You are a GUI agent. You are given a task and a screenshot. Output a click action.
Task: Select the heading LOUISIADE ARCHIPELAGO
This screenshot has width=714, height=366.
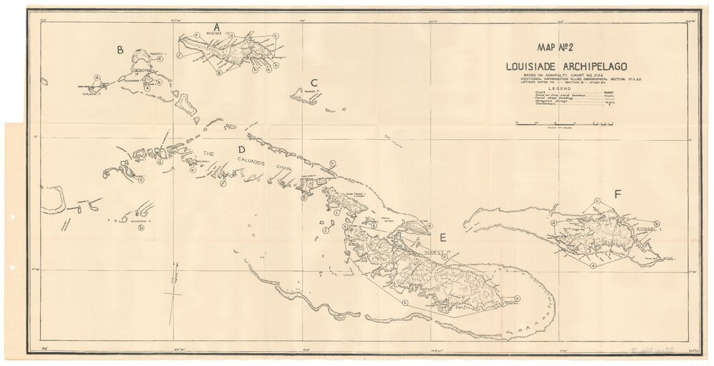click(556, 66)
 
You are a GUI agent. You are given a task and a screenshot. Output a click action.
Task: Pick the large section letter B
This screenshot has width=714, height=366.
click(121, 50)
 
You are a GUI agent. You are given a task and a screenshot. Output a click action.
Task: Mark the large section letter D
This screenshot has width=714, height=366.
click(241, 150)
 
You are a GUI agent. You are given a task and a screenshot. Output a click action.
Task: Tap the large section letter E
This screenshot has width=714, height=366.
click(443, 238)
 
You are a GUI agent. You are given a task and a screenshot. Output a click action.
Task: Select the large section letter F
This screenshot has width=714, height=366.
click(617, 193)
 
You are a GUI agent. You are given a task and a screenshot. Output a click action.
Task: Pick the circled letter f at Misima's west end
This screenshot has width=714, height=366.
click(179, 56)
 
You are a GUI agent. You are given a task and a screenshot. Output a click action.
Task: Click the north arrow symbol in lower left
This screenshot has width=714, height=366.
click(173, 293)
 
